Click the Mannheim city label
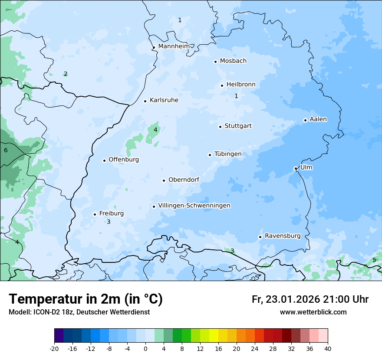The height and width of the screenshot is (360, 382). point(174,46)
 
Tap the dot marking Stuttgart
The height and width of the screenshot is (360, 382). point(220,127)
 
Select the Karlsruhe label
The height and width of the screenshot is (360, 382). point(164,100)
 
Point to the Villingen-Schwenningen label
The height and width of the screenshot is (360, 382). point(194,206)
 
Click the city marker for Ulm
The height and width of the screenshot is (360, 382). point(296,168)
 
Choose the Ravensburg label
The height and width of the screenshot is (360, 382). point(283,236)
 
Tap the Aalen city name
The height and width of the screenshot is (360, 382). point(318,119)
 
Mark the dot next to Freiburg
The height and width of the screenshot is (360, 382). point(95,214)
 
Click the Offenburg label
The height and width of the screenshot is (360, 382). point(124,160)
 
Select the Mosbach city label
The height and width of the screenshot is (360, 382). point(233,61)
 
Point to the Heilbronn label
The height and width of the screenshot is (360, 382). point(241,85)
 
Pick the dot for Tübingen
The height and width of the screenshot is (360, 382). point(210,155)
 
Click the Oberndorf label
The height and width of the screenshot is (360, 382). point(184,180)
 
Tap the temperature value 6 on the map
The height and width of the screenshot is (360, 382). point(6,151)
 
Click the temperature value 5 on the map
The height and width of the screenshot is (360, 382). point(374,260)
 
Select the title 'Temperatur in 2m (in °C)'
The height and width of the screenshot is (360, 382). point(86,299)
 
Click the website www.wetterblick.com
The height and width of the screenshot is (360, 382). point(313,312)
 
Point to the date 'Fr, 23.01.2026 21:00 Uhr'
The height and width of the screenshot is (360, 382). point(310,299)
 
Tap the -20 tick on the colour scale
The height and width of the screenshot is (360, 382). point(54,349)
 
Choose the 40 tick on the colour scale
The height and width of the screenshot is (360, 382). point(328,349)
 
